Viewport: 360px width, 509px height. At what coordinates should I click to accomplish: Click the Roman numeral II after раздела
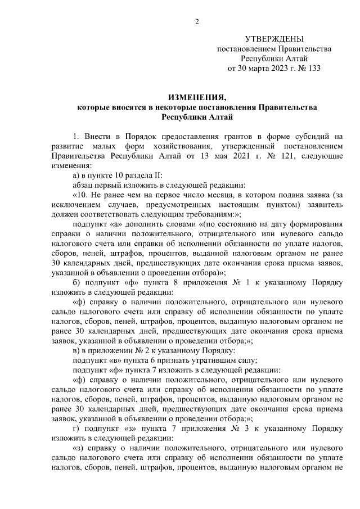(x=142, y=175)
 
